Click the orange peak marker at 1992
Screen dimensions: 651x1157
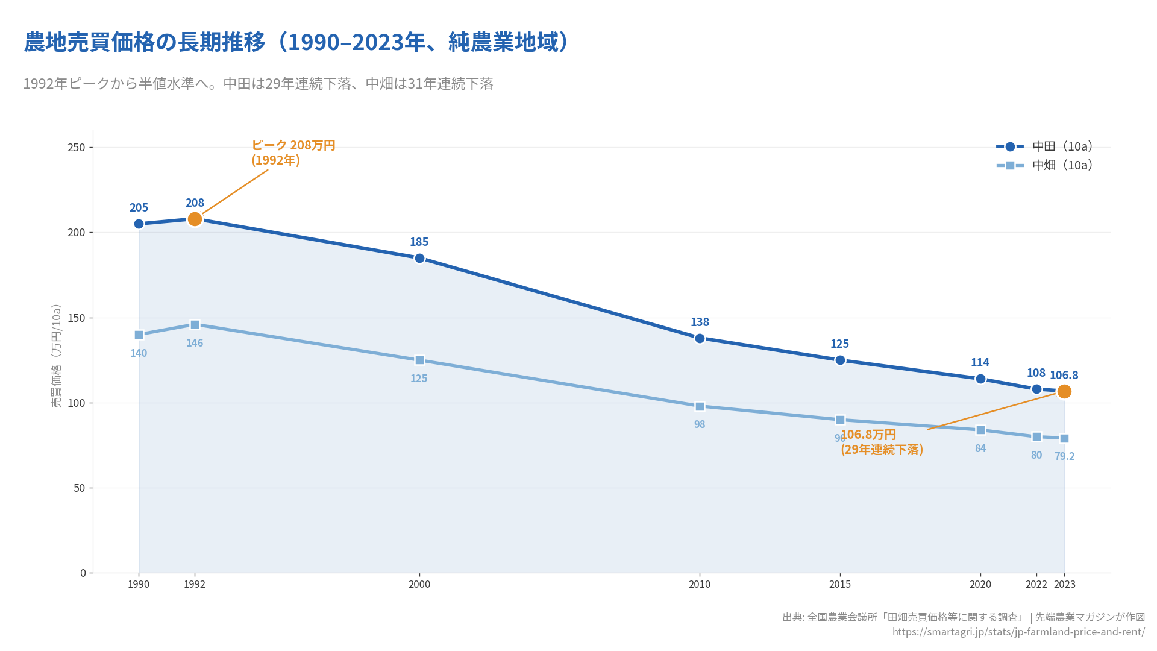click(x=195, y=219)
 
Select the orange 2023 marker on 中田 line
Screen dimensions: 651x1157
click(x=1064, y=391)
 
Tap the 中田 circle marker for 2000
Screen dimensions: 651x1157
click(x=419, y=258)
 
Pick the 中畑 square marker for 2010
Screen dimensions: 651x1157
click(x=700, y=406)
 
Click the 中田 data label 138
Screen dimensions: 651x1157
click(x=700, y=322)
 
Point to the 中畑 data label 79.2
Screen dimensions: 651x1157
click(x=1064, y=456)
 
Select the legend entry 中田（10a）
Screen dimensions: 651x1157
click(x=1062, y=146)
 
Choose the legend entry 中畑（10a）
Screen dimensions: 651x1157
click(x=1062, y=165)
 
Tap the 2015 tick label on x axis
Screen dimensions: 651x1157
click(x=840, y=584)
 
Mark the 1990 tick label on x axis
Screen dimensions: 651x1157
click(x=139, y=584)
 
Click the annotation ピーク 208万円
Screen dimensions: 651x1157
click(x=293, y=145)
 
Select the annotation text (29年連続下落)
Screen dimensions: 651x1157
click(x=882, y=450)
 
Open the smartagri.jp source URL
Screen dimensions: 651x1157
click(x=1018, y=632)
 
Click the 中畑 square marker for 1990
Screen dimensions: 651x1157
click(x=139, y=335)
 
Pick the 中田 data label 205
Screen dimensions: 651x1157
click(x=139, y=207)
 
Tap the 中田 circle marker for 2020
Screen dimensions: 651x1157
click(x=980, y=379)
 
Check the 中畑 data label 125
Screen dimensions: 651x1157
click(x=419, y=379)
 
